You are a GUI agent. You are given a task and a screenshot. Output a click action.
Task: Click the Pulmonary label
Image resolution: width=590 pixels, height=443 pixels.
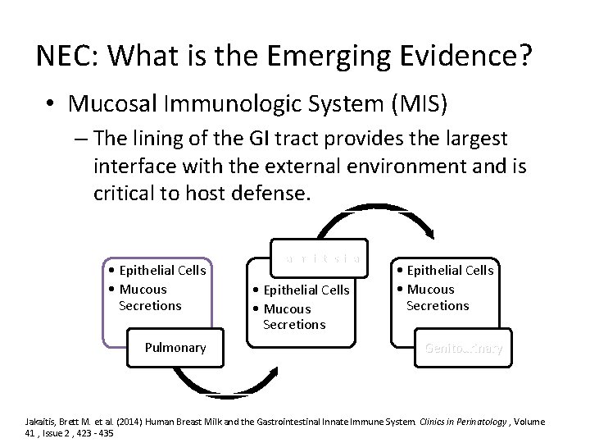tap(175, 347)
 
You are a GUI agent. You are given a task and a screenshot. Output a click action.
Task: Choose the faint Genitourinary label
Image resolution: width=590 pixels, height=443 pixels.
tap(464, 348)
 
